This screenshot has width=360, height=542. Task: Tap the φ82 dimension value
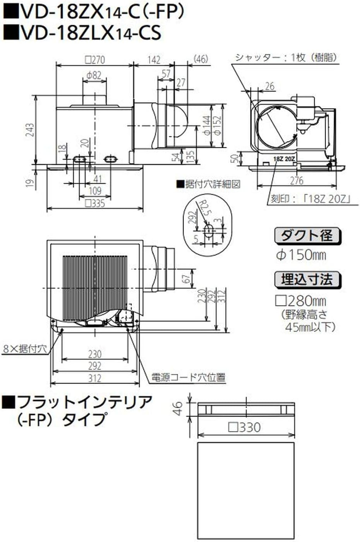[93, 75]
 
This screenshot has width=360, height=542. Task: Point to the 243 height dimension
[30, 130]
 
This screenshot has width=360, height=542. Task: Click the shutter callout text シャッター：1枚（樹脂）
[286, 58]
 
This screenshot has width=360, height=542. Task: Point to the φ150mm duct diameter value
[301, 255]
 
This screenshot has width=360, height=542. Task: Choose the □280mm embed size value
[300, 301]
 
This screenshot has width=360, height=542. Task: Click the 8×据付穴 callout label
[24, 349]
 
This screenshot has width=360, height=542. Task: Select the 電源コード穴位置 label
[188, 377]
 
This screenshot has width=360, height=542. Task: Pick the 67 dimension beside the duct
[187, 278]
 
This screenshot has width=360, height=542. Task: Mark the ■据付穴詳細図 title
[208, 184]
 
